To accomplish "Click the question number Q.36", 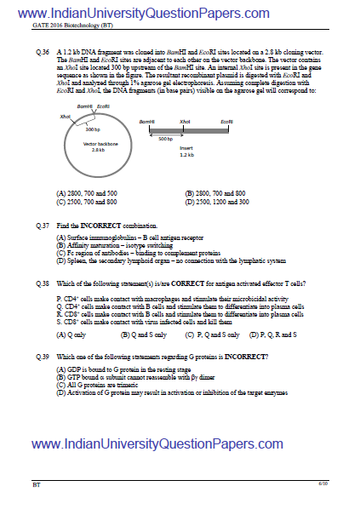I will [43, 53].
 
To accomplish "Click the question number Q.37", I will [43, 224].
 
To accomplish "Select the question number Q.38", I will [43, 282].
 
